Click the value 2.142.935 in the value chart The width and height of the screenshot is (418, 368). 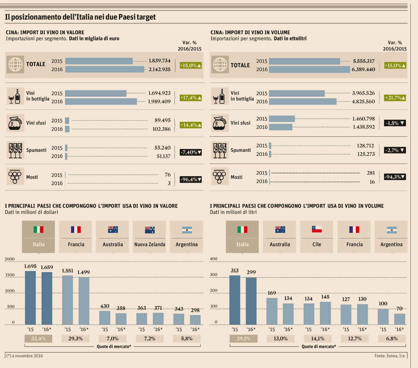coord(159,69)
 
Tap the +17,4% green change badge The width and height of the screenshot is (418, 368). coord(191,98)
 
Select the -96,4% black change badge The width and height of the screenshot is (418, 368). coord(191,179)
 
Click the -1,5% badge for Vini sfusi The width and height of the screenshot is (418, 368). coord(395,123)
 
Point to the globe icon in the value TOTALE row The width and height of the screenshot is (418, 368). coord(15,64)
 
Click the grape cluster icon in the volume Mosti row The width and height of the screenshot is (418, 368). coord(220,176)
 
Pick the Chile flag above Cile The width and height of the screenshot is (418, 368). coord(317,229)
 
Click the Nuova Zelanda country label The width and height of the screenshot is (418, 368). coord(150,244)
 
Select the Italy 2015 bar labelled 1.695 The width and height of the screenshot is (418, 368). coord(30,298)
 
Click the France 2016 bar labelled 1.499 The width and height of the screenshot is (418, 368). coord(84,301)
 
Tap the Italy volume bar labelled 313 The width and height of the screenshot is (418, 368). coord(235,300)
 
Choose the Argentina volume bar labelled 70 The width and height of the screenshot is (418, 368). coord(399,319)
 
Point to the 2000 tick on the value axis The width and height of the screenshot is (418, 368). coord(10,259)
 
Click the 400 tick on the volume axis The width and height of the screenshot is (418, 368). coord(213,259)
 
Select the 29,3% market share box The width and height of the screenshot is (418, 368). coord(76,338)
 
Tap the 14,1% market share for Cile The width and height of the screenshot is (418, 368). coord(317,338)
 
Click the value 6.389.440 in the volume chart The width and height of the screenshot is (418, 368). coord(363,69)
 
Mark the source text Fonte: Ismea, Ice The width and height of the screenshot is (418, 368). coord(390,356)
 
